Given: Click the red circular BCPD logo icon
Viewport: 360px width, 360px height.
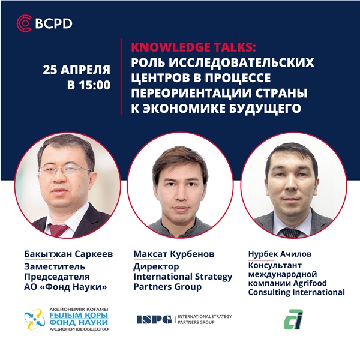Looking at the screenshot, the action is [24, 23].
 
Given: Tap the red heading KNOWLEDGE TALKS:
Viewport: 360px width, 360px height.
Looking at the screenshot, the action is [193, 47].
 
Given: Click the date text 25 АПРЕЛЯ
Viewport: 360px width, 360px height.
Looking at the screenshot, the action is [76, 70].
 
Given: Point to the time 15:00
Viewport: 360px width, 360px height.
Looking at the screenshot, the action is [95, 85].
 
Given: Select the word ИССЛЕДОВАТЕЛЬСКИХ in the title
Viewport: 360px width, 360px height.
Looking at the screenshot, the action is [242, 62].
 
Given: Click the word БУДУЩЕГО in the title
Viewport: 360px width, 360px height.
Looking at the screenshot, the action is [265, 109].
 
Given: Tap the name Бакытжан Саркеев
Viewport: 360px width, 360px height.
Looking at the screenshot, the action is [68, 254].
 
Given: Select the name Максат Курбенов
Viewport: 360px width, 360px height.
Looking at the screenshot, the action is [174, 254].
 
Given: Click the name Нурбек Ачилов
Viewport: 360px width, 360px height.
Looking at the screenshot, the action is [280, 254].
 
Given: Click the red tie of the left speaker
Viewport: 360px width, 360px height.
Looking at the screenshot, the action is [58, 230].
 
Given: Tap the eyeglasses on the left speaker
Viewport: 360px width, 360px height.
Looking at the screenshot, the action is [65, 171].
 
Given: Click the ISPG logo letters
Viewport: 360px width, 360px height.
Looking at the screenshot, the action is [154, 319].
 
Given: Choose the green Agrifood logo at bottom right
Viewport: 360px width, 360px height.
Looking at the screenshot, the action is [293, 319].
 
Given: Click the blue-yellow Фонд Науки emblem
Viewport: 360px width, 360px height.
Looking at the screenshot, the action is [35, 319].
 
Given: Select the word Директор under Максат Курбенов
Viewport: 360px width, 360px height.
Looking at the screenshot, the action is [156, 267].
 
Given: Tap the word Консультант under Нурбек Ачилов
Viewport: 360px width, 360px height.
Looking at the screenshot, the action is [275, 265].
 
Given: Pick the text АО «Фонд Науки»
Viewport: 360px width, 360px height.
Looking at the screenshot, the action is [65, 287].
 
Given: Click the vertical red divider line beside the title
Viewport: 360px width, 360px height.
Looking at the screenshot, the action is [121, 77].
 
